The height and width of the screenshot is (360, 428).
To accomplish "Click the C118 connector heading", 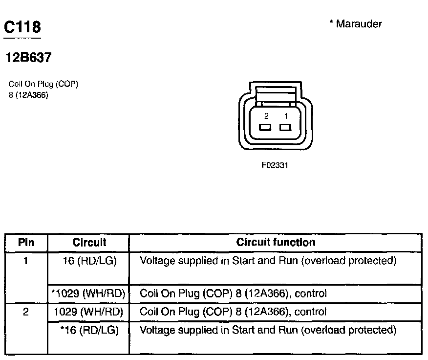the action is click(x=22, y=27).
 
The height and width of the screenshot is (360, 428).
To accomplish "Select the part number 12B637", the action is click(x=28, y=58).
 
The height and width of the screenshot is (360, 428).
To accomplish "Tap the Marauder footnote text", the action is click(x=356, y=23).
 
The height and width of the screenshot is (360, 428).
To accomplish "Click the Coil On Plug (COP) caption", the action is click(x=43, y=84).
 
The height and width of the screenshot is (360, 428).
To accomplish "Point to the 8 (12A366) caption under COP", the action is click(x=28, y=95).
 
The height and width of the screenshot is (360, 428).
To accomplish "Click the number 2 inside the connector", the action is click(x=266, y=116).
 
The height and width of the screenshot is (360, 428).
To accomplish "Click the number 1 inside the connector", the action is click(x=286, y=116).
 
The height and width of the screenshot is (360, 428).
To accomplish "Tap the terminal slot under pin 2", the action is click(x=266, y=128).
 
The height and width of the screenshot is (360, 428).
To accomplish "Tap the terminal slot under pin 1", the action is click(x=285, y=128).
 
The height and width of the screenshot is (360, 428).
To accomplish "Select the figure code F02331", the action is click(x=275, y=165).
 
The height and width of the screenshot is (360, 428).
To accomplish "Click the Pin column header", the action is click(x=26, y=243).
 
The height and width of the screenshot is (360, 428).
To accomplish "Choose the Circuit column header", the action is click(x=89, y=243).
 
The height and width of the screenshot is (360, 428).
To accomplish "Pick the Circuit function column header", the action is click(x=276, y=242).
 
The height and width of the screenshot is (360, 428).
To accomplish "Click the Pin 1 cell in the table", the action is click(x=26, y=261).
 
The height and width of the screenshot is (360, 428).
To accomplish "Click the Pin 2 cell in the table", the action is click(x=26, y=312).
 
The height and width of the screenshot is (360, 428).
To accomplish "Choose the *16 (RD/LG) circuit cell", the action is click(x=89, y=330).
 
